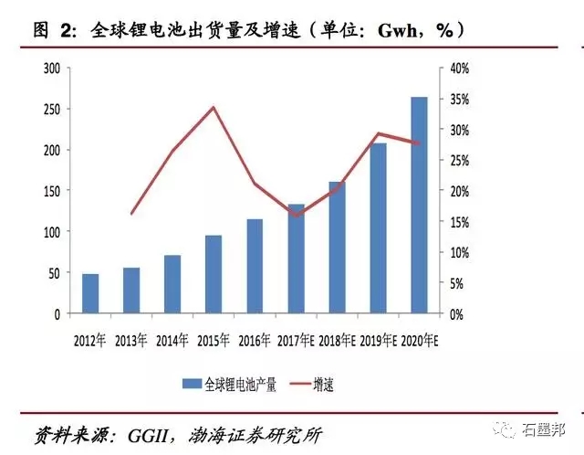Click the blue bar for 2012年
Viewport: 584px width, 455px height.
point(90,293)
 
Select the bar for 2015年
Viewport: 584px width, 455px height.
point(214,274)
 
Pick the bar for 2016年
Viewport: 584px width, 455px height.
point(255,266)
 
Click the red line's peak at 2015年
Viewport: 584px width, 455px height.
point(214,108)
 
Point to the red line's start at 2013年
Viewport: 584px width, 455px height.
point(131,214)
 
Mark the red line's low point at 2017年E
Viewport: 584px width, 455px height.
point(296,217)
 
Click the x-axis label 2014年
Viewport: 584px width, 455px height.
point(172,341)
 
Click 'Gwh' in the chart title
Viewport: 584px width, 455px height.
point(386,30)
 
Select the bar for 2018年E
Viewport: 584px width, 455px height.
point(337,248)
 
